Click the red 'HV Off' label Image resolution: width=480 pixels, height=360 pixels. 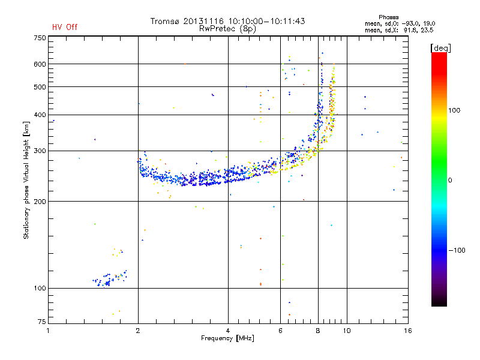tap(64, 27)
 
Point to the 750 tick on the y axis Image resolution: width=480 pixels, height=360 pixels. tap(40, 38)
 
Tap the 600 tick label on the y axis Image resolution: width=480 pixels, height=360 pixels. tap(40, 64)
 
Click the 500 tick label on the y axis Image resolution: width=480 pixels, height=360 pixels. tap(40, 87)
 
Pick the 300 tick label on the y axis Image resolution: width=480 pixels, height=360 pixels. tap(40, 151)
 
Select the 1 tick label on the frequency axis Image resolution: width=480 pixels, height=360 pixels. tap(48, 331)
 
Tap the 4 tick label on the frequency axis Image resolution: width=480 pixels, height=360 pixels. tap(228, 331)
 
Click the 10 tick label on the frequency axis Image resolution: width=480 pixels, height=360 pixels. tap(346, 331)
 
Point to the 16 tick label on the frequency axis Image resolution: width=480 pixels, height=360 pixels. tap(407, 331)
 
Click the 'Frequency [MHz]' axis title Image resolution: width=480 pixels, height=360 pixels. tap(227, 338)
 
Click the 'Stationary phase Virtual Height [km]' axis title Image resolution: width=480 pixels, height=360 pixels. tap(26, 181)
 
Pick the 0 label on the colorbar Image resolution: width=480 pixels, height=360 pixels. tap(452, 180)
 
